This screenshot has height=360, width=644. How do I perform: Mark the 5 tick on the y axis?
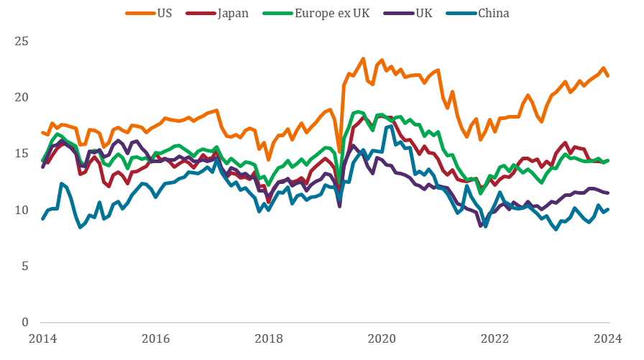pos(25,266)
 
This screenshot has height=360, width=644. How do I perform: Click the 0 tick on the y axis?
pos(25,322)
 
